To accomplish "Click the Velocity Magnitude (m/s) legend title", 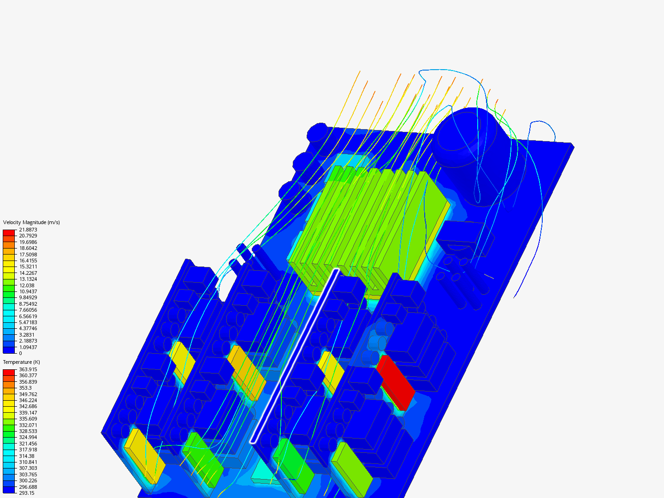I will (x=31, y=222).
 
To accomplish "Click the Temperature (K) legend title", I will (x=21, y=362).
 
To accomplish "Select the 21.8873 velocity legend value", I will (x=28, y=230).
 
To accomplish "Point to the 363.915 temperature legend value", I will (x=28, y=369).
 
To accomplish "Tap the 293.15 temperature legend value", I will (x=26, y=493).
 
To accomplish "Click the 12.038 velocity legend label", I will (x=26, y=285).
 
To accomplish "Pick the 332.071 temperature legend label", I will (x=28, y=425).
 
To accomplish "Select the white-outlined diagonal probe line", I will (x=295, y=355).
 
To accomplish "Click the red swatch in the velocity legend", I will (x=9, y=232).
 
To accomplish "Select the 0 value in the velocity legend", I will (x=20, y=353).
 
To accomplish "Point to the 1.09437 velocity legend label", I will (x=28, y=347).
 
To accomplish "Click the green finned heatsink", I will (x=369, y=221).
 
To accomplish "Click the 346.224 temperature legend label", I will (x=28, y=400).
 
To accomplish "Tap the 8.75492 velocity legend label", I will (x=28, y=304).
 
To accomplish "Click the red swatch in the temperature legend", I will (x=9, y=372).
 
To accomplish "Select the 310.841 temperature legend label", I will (x=28, y=462).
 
